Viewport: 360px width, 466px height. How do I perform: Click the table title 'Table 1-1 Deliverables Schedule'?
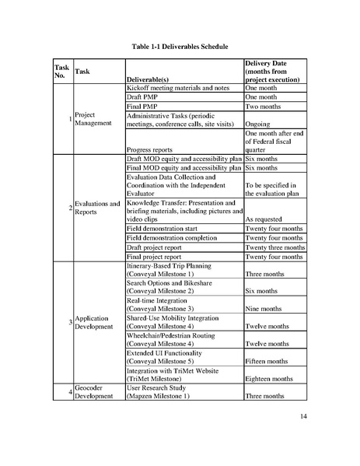point(180,47)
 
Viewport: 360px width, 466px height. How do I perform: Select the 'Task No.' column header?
point(61,70)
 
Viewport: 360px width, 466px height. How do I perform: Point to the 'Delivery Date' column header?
point(274,70)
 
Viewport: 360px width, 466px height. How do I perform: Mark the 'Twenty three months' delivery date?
point(274,247)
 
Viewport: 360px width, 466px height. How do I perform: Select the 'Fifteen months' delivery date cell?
point(268,362)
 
